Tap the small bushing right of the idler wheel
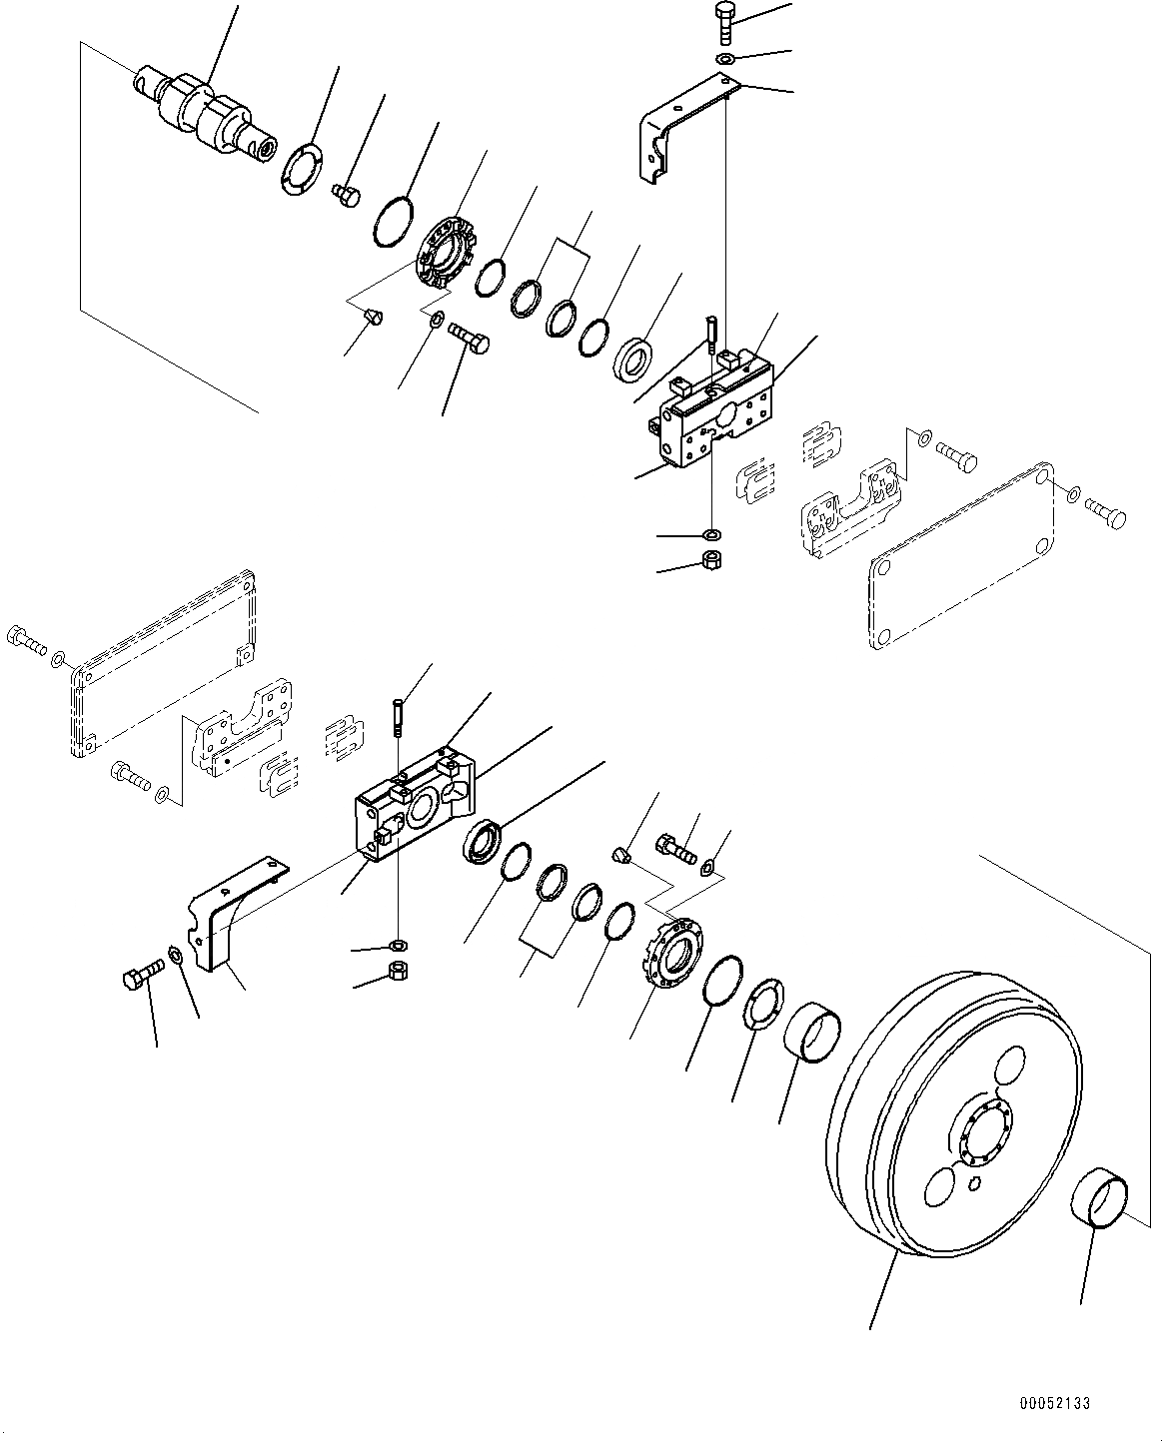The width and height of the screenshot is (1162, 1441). pos(1102,1203)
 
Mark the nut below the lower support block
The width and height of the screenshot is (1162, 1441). pos(398,971)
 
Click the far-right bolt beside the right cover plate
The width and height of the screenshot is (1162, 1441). pos(1107,514)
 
